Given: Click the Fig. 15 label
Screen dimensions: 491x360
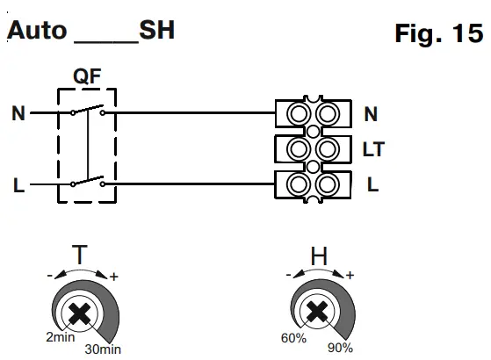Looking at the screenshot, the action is (x=439, y=33).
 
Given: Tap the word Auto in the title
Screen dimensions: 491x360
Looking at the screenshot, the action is (x=37, y=31).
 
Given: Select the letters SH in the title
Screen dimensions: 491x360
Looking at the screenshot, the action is (x=156, y=30).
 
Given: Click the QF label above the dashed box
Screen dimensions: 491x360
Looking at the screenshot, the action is (x=87, y=76).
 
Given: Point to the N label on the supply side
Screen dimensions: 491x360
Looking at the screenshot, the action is (x=18, y=113).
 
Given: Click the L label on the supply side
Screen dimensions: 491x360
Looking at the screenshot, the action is (x=18, y=185).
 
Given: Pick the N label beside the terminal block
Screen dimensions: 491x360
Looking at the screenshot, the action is (x=371, y=114).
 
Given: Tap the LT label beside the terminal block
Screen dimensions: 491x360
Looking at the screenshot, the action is (x=373, y=149).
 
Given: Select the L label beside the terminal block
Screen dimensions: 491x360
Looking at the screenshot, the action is (x=372, y=184).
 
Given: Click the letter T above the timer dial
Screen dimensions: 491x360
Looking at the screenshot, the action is (x=80, y=254).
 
